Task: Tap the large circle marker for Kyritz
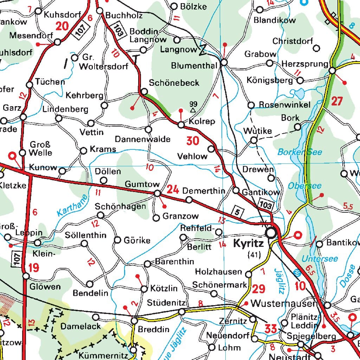coord(271,233)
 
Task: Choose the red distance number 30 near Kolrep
coord(193,141)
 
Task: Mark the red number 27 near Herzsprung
coord(336,101)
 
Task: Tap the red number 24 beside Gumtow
coord(173,190)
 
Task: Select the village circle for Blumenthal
coord(224,63)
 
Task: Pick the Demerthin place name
coord(204,191)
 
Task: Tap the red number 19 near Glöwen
coord(34,268)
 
